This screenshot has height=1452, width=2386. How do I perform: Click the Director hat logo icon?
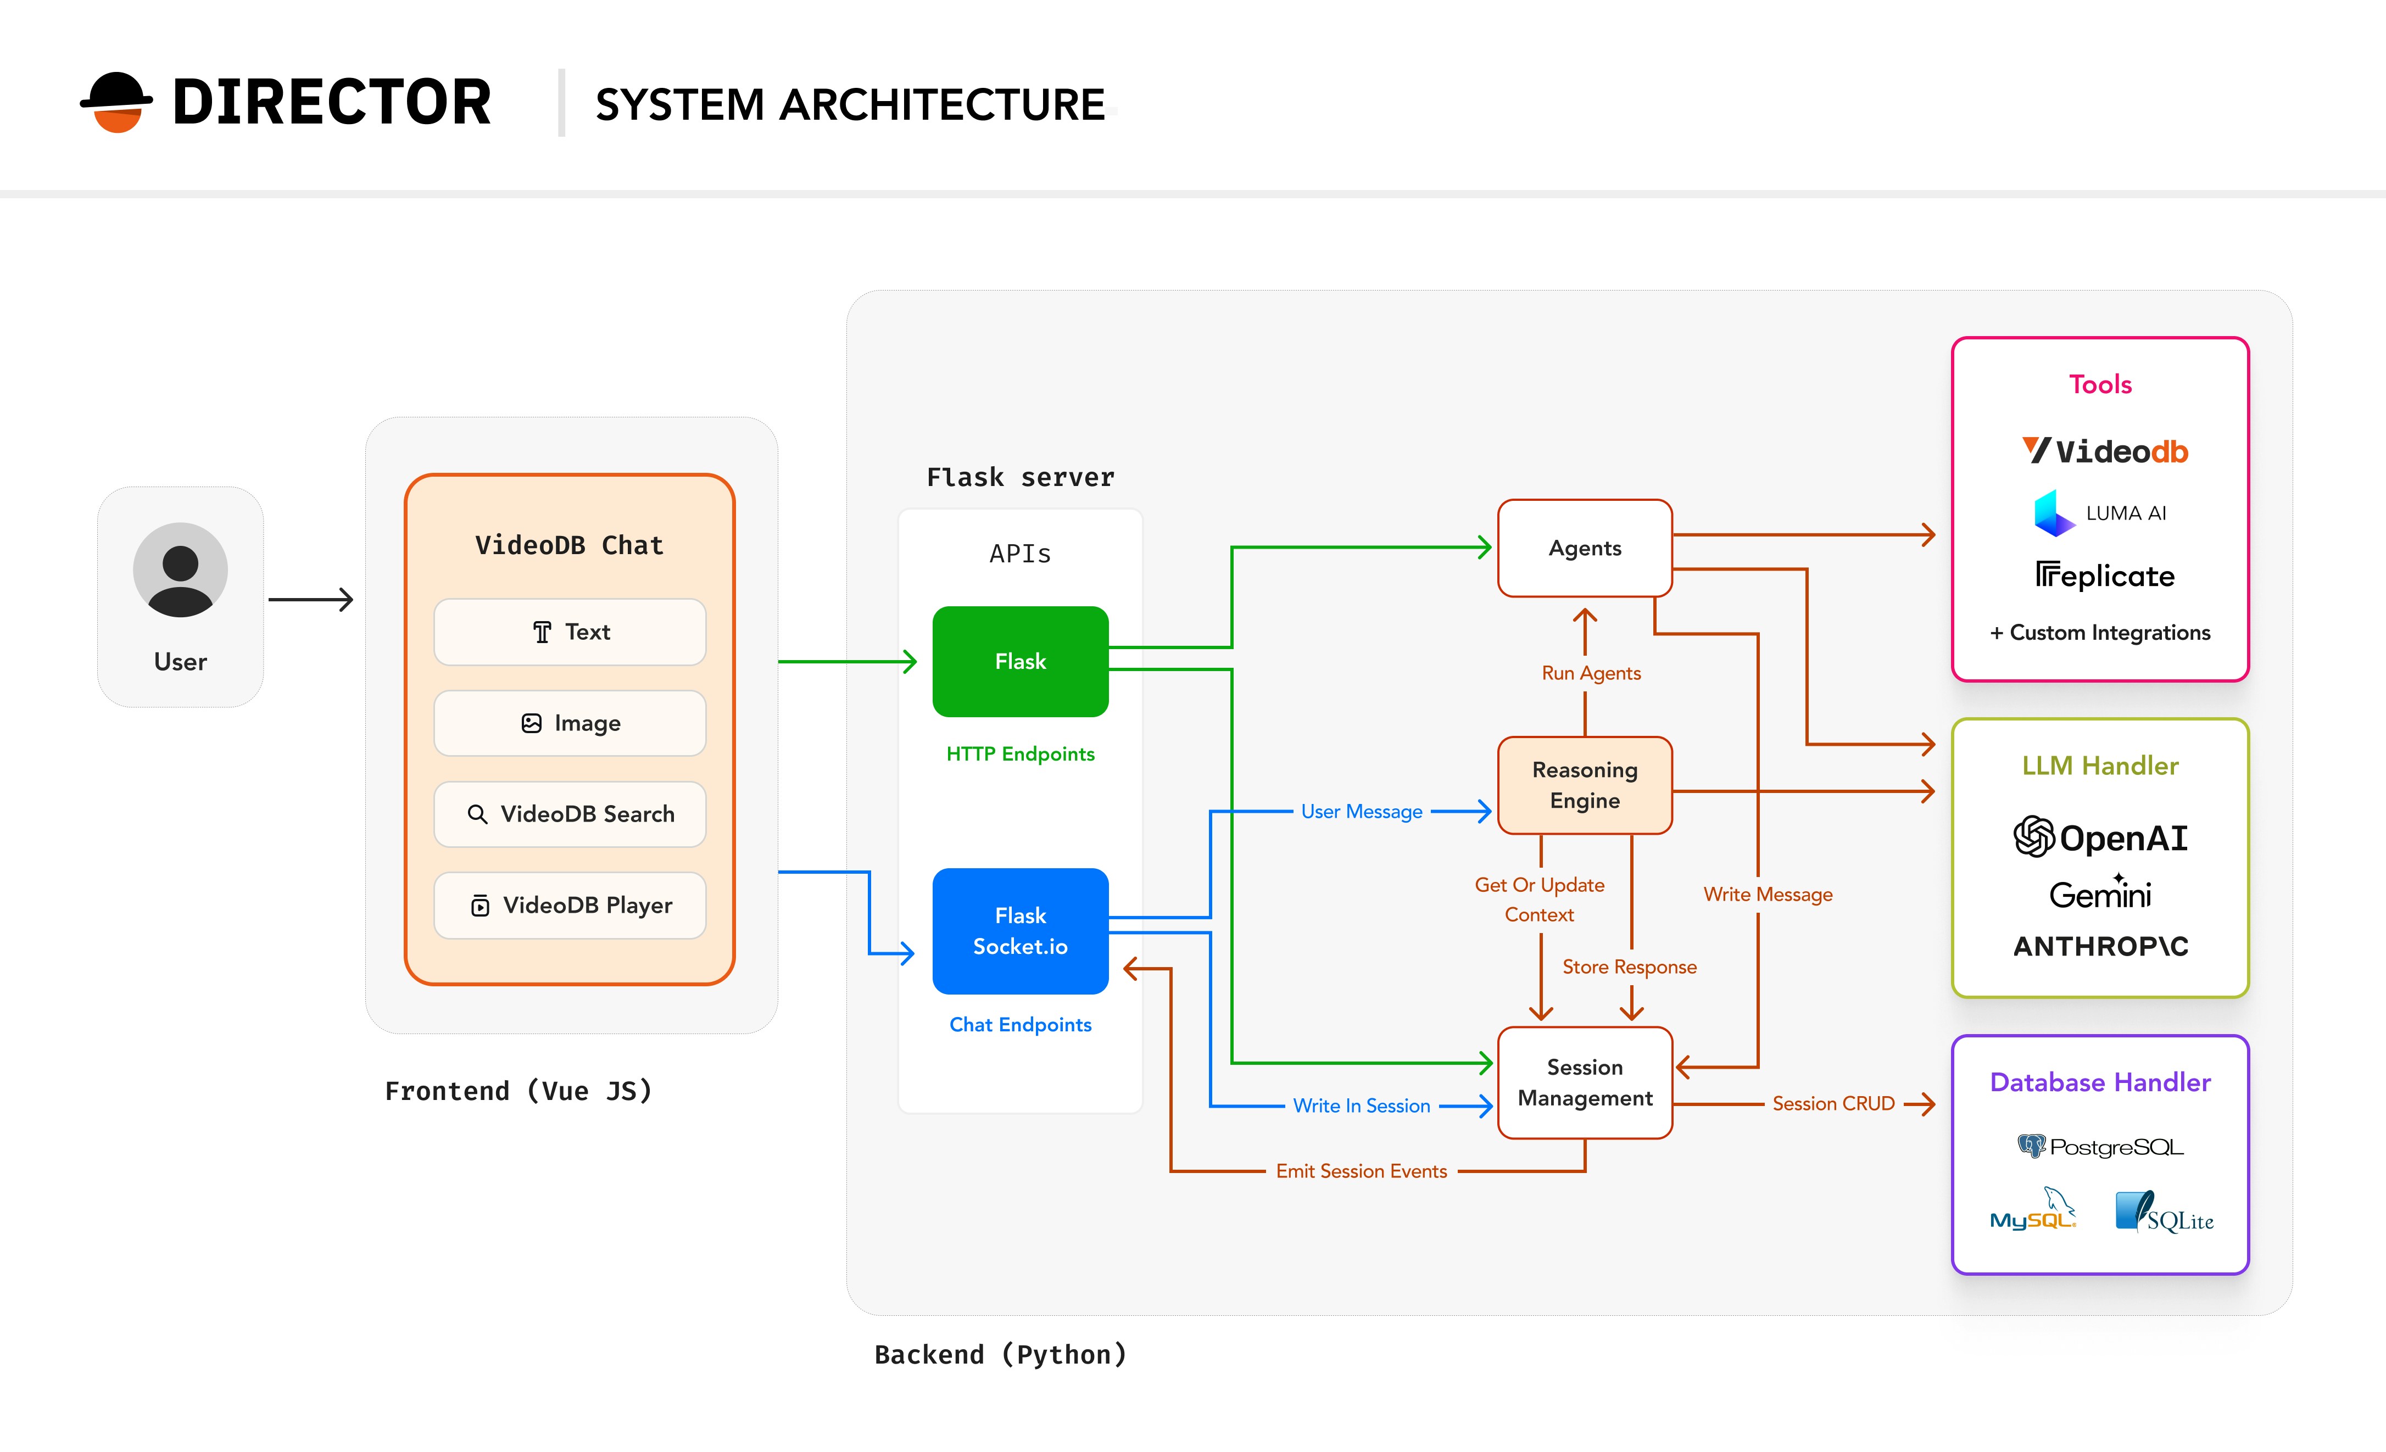click(116, 102)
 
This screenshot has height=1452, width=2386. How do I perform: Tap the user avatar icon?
click(180, 570)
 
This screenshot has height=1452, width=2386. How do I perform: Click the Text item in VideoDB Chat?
click(570, 632)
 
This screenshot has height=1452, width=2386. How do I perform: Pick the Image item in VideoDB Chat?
click(570, 723)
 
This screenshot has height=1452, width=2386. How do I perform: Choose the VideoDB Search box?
click(570, 814)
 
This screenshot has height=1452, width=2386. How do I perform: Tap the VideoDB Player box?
click(570, 905)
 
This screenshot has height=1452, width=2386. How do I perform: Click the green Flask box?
click(1019, 661)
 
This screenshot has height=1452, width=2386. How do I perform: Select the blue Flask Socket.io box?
click(1019, 930)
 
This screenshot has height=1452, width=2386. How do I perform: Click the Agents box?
click(1584, 548)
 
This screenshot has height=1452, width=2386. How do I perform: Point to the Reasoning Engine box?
click(1584, 785)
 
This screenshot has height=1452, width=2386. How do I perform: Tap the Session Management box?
click(1584, 1082)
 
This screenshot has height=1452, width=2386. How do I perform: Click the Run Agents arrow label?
click(1591, 673)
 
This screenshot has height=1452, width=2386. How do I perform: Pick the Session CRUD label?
click(1832, 1103)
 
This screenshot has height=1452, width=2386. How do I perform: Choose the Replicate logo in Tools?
click(2103, 576)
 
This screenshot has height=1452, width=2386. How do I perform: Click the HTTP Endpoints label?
click(1019, 754)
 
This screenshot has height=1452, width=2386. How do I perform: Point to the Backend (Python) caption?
click(1000, 1354)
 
